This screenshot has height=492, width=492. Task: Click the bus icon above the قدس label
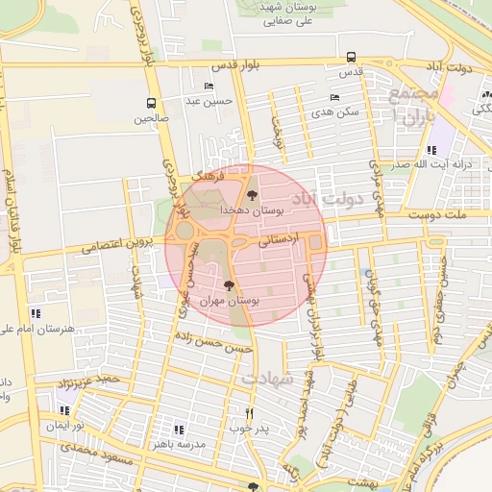[351, 57]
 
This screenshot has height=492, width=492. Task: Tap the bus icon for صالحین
[151, 104]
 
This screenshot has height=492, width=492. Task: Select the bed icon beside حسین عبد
[209, 86]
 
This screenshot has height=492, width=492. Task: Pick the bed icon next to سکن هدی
[334, 97]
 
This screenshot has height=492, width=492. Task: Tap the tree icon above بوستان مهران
[229, 285]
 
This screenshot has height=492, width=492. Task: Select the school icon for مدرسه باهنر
[178, 429]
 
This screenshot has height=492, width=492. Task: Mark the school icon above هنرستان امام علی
[37, 313]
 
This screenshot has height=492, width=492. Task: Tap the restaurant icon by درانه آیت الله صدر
[431, 150]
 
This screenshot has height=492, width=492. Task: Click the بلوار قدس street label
[236, 67]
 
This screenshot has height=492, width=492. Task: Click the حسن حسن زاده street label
[217, 338]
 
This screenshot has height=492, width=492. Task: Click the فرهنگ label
[208, 179]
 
